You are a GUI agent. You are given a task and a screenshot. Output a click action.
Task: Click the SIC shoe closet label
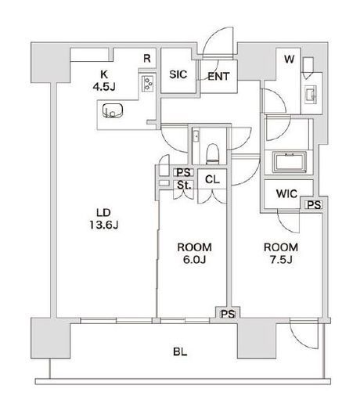click(178, 74)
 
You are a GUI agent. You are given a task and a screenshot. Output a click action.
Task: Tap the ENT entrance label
click(218, 77)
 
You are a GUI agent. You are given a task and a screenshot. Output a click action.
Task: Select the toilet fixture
click(212, 154)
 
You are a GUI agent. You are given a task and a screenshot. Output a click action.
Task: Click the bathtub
click(290, 163)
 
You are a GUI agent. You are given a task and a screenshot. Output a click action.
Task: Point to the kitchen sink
click(113, 110)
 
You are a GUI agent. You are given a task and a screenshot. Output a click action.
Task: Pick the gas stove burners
click(149, 83)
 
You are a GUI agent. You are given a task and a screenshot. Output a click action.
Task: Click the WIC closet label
click(286, 194)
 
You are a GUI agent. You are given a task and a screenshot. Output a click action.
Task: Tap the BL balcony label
click(180, 352)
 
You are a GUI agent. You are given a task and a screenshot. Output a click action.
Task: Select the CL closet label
click(212, 179)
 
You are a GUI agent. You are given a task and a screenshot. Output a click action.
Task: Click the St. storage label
click(184, 185)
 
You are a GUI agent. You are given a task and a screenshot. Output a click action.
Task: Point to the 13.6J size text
click(104, 225)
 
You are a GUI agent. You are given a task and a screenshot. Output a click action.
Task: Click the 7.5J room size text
click(281, 260)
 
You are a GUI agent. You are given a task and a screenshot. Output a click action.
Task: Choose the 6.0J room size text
click(194, 260)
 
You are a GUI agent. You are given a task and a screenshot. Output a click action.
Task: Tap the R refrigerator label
click(147, 59)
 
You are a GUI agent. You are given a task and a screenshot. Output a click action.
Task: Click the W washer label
click(289, 59)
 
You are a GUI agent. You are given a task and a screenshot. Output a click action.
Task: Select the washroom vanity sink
click(311, 95)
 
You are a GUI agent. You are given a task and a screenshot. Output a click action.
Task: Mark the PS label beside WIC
click(314, 205)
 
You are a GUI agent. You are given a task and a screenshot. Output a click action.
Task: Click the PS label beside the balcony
click(228, 315)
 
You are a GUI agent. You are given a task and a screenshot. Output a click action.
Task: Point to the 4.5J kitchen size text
click(104, 87)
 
